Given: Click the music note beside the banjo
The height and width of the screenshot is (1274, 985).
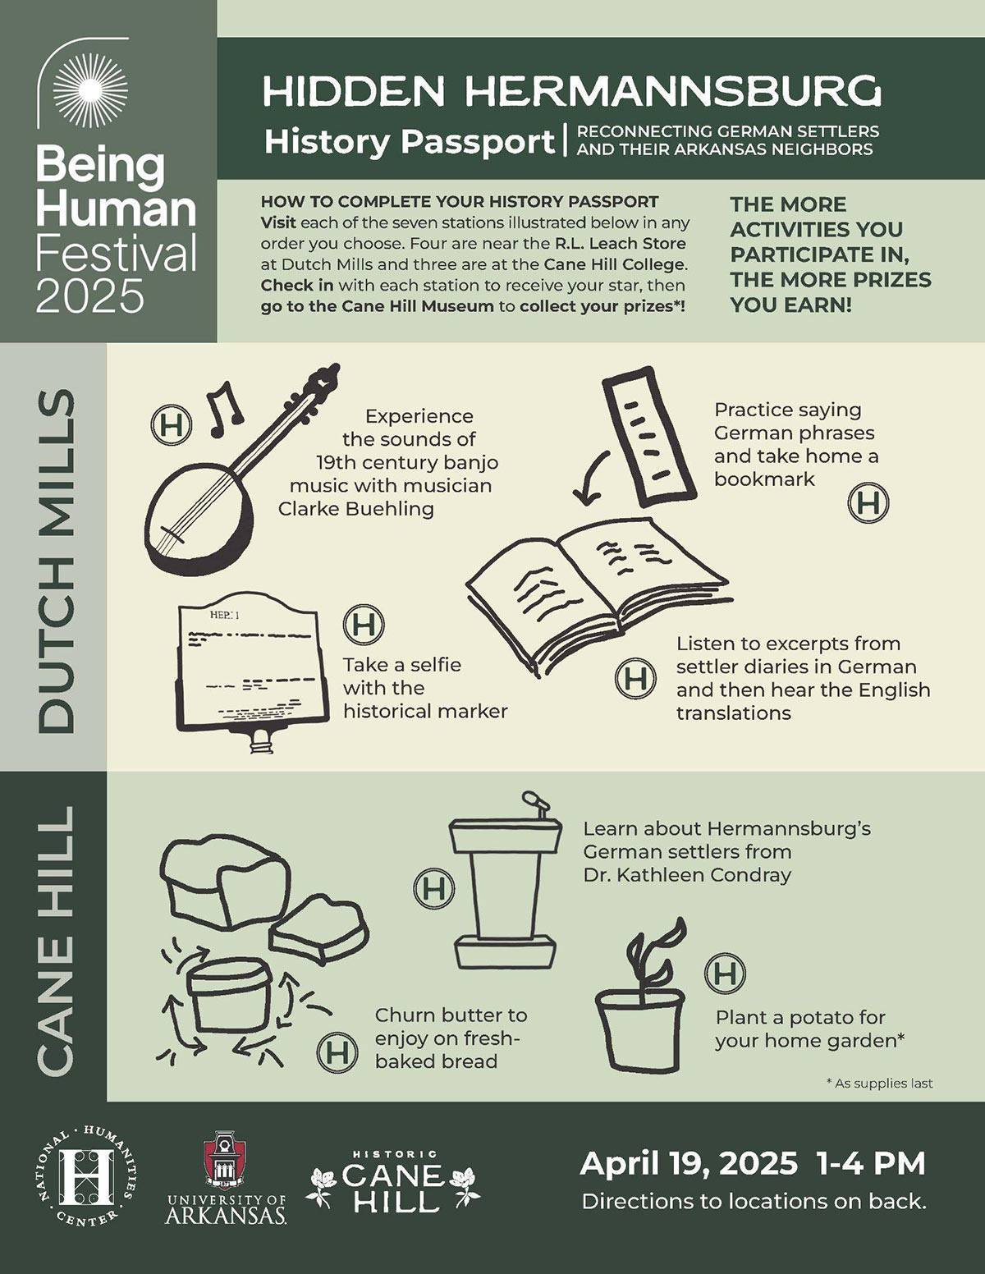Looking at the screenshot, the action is tap(225, 410).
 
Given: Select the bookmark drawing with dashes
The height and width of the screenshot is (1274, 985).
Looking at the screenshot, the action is tap(648, 437).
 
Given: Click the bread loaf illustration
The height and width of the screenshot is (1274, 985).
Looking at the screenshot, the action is tap(226, 883).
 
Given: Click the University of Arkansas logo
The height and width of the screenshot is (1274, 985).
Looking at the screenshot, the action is tap(226, 1177).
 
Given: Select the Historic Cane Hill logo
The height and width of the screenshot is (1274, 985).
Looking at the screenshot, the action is tap(392, 1181).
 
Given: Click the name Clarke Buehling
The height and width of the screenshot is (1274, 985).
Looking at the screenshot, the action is tap(356, 509).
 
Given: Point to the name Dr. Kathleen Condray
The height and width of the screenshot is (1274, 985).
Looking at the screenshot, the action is tap(687, 875).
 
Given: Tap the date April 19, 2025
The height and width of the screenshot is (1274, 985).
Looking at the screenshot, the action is tap(689, 1165).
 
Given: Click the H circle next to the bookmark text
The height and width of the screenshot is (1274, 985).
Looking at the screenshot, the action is tap(868, 502).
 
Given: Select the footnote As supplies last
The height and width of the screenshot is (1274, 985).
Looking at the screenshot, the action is tap(880, 1084).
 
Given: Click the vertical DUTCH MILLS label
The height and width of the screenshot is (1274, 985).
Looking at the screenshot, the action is tap(57, 561).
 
